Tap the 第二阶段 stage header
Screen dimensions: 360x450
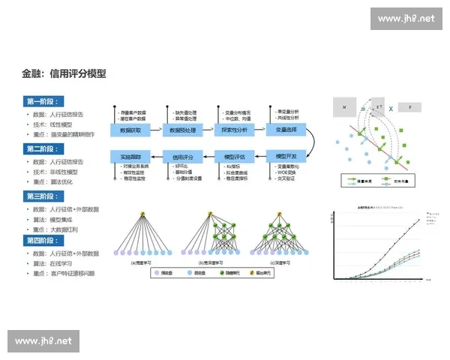[44, 148]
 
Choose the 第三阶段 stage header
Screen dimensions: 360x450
[44, 196]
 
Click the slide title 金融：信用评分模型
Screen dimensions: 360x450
[64, 74]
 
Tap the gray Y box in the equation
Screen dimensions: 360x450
[409, 107]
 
